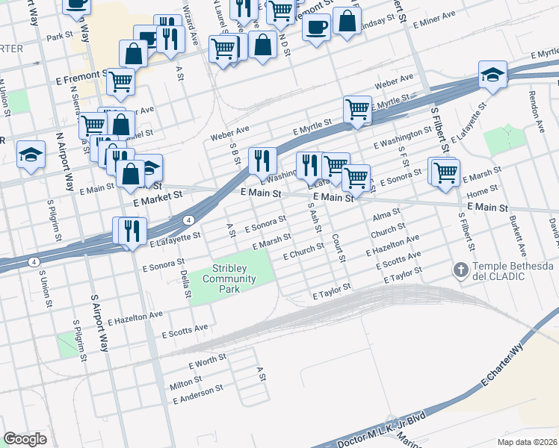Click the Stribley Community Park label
click(234, 279)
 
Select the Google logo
click(25, 439)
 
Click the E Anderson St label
click(198, 394)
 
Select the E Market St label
click(158, 198)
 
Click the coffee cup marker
click(316, 27)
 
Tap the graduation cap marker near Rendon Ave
click(493, 75)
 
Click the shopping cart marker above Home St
click(445, 171)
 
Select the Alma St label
click(386, 216)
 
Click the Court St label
click(338, 249)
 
